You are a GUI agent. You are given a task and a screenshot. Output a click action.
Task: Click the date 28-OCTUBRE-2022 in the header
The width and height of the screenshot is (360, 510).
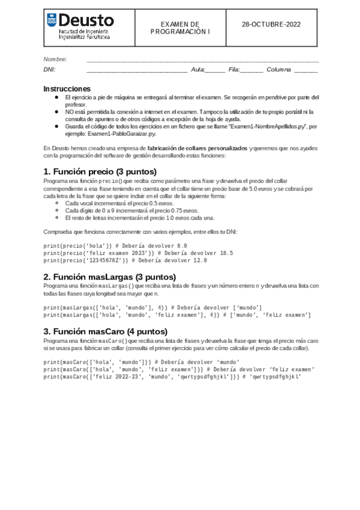271,25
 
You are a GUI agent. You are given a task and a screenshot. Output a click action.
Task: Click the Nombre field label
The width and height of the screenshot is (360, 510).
55,59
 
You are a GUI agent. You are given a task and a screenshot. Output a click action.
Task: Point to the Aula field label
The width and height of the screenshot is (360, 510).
198,70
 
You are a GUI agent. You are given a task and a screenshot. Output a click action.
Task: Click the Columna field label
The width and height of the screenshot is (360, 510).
279,70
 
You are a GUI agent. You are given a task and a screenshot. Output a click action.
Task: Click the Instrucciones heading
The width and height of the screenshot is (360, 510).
67,88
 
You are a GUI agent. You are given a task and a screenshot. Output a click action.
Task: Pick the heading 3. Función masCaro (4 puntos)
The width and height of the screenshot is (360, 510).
105,331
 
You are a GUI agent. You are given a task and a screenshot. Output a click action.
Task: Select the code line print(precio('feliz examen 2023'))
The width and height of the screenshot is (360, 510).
138,253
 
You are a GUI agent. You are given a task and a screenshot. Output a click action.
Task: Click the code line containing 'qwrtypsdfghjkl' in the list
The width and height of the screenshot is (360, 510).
172,377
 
